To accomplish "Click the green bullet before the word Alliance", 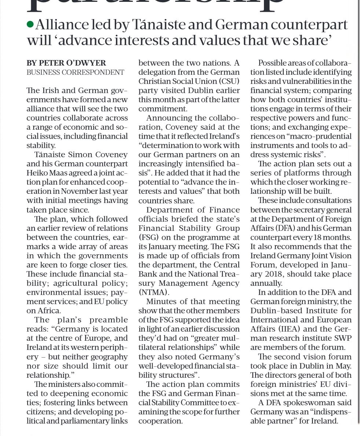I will [30, 25].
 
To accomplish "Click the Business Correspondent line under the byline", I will [75, 72].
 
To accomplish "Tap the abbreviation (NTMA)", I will [154, 292].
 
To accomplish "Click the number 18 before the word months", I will [315, 237].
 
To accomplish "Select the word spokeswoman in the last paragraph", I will [308, 403].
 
